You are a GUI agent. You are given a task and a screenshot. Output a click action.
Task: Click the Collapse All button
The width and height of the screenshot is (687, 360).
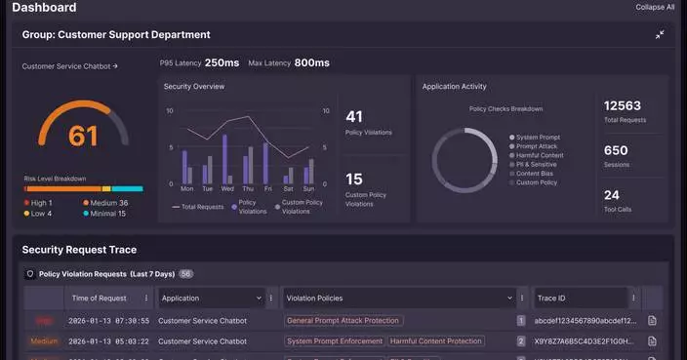(x=655, y=7)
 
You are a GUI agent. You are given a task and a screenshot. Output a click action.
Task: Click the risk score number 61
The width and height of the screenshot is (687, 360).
(x=83, y=136)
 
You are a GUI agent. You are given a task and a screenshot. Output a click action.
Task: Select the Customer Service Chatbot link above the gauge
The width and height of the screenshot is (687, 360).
(x=69, y=66)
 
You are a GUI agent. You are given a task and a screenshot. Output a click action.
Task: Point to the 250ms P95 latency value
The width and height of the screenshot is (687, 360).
(x=222, y=62)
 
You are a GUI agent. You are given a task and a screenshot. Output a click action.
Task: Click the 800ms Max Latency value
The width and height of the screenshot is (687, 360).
(x=311, y=62)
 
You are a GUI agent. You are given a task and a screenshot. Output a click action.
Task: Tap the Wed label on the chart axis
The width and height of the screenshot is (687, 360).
(x=227, y=188)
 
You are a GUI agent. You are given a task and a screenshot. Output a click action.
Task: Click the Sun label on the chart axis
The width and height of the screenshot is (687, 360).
(x=308, y=188)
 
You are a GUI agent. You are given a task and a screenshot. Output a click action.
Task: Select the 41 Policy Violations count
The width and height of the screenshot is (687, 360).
(x=353, y=117)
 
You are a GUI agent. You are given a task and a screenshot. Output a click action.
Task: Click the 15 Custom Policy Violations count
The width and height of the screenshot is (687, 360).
(x=353, y=180)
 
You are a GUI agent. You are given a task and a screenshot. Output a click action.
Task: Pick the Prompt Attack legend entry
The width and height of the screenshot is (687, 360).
(x=538, y=146)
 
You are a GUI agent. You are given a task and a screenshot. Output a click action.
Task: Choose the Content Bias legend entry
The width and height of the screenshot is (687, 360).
(x=536, y=174)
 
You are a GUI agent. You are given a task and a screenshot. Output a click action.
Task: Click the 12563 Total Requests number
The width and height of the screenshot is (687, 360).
(x=623, y=105)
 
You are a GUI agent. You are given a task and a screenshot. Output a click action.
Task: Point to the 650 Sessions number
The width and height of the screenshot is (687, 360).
(x=616, y=150)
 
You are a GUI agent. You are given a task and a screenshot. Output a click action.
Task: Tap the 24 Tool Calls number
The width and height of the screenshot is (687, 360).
(x=611, y=195)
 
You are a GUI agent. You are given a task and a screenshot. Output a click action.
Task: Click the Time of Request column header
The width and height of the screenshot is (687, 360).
(x=99, y=299)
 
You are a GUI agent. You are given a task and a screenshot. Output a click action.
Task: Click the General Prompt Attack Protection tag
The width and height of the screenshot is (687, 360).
(x=343, y=320)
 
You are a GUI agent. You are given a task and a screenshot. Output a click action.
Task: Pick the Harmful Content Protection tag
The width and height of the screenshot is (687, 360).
(x=436, y=341)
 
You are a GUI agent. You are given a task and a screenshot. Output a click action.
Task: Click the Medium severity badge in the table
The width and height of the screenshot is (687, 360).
(x=44, y=341)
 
